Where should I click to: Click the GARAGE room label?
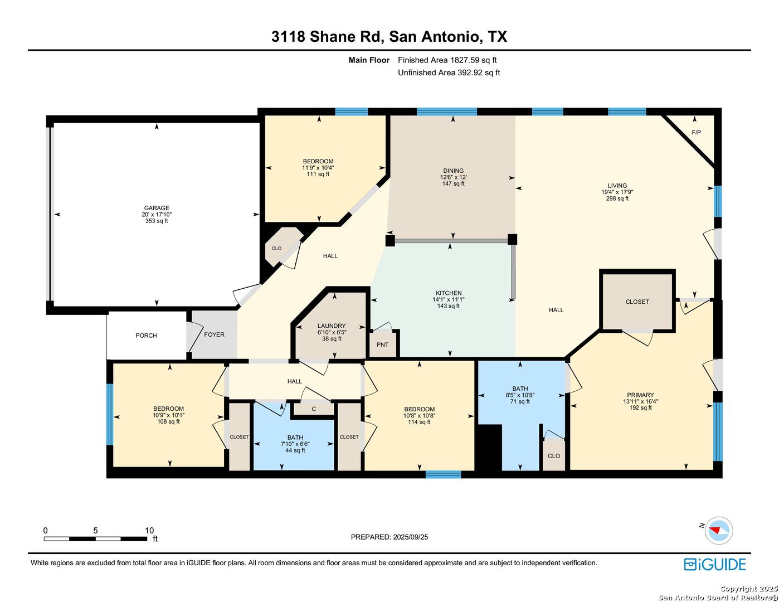[x=157, y=208]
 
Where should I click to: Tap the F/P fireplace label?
[x=696, y=133]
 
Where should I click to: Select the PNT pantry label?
[x=382, y=344]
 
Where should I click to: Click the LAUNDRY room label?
[x=331, y=326]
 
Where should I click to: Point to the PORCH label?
[x=146, y=336]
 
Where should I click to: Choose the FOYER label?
[x=214, y=334]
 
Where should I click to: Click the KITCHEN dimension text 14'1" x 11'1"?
[x=448, y=299]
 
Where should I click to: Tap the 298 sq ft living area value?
[x=617, y=198]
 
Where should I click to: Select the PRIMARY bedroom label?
[x=640, y=395]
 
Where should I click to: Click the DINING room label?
[x=453, y=171]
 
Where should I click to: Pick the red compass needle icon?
[x=714, y=530]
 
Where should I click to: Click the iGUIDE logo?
[x=714, y=564]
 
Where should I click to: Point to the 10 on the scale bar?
[x=149, y=530]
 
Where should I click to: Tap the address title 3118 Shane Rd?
[x=328, y=37]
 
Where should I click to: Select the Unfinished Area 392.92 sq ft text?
[x=449, y=72]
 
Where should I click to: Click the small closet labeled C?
[x=314, y=409]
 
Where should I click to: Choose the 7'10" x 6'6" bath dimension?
[x=295, y=444]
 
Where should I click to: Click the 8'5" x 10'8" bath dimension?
[x=520, y=395]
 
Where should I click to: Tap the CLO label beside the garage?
[x=276, y=248]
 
